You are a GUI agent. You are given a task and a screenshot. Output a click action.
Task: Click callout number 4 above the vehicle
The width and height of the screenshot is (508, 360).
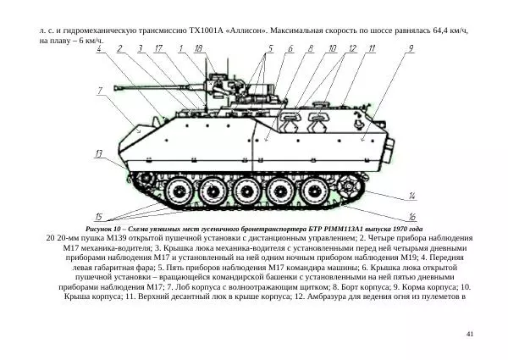click(101, 49)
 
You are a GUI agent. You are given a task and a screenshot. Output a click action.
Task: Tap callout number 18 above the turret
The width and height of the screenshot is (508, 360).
click(198, 49)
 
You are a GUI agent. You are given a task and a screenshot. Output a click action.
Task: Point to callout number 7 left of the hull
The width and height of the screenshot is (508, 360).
click(100, 90)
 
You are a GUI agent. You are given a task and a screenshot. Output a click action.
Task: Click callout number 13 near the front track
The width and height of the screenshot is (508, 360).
click(100, 153)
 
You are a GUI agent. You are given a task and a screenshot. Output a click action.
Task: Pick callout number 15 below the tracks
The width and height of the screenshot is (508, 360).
click(99, 217)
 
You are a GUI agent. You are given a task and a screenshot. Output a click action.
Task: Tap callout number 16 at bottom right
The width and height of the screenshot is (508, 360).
click(412, 217)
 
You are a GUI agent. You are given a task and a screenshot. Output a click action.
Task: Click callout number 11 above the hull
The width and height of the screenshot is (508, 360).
click(372, 49)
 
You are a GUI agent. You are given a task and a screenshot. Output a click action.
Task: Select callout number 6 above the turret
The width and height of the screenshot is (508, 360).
click(290, 49)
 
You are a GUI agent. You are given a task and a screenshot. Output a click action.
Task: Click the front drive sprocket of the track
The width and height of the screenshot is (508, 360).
click(136, 181)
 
